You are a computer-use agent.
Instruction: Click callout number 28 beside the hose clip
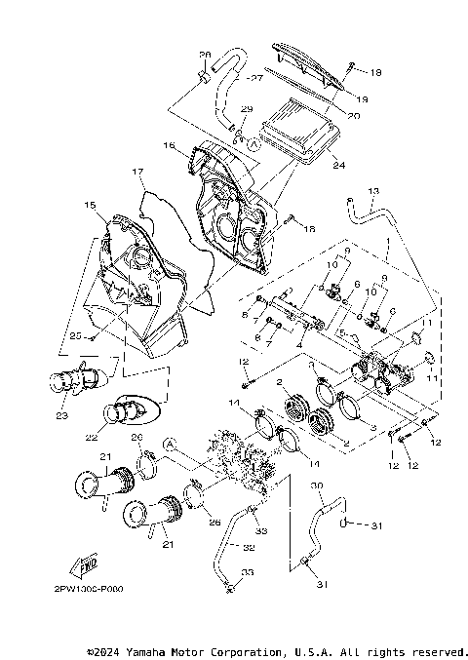pos(206,55)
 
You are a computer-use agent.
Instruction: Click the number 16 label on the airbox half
pos(168,145)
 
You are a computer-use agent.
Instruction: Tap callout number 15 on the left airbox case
pos(90,207)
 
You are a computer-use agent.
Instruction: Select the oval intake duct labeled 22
pos(128,409)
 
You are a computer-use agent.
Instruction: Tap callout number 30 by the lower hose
pos(316,485)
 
